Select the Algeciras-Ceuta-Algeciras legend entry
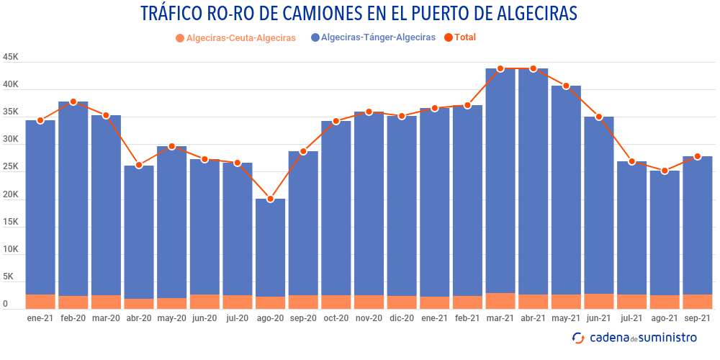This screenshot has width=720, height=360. coord(235,38)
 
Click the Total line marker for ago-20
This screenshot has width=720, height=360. coord(271,199)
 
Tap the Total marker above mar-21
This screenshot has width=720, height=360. coord(500,69)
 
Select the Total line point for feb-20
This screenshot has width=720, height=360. coord(73,102)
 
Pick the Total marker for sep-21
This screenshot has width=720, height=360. coord(698,156)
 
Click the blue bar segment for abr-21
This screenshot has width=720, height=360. coord(534,180)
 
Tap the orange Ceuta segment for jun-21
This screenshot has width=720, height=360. coord(599,302)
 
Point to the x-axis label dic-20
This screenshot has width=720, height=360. coord(402,318)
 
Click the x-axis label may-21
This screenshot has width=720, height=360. coord(566,318)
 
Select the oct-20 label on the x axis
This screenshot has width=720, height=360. coord(336,318)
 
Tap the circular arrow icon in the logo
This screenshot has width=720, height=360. coord(578,338)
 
